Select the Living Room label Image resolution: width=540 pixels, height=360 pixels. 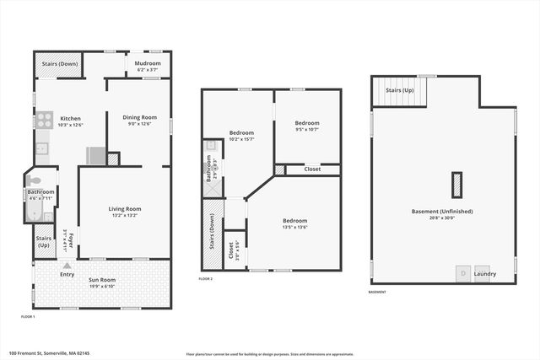(x=124, y=208)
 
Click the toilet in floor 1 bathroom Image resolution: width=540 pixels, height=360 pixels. (x=34, y=180)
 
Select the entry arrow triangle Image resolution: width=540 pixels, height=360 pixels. (x=67, y=266)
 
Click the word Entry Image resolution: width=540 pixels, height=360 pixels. (x=67, y=275)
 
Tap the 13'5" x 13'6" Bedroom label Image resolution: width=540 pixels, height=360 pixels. (x=294, y=221)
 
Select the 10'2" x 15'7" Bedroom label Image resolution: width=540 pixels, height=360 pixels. (x=241, y=132)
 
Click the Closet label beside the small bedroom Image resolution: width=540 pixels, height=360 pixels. (x=312, y=169)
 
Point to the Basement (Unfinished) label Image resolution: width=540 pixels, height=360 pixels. (x=442, y=211)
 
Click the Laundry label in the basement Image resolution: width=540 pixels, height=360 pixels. (x=484, y=273)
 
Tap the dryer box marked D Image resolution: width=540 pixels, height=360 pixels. (x=462, y=273)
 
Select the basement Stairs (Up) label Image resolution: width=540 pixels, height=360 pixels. (x=398, y=90)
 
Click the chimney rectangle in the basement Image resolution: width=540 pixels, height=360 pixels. (x=456, y=185)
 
